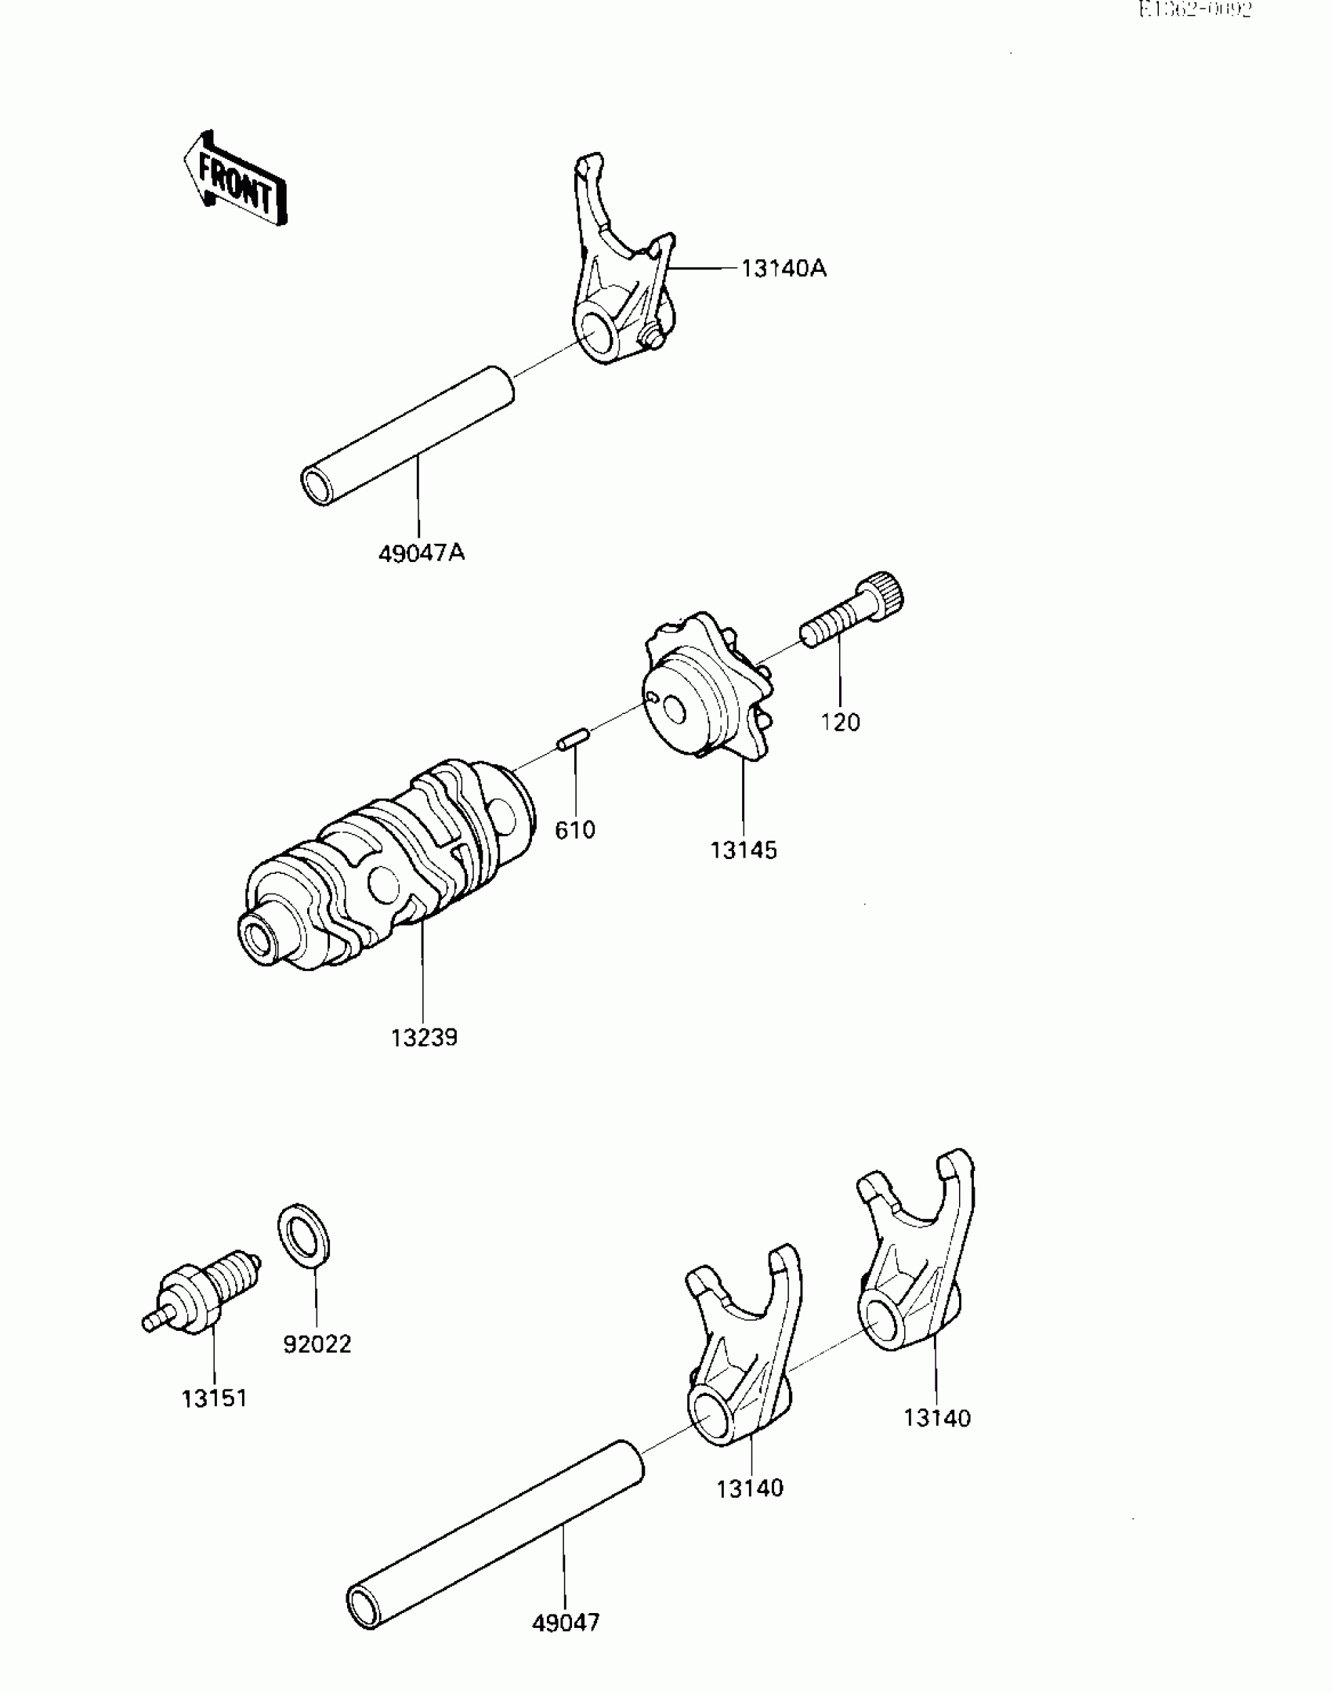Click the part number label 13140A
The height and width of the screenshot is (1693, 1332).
tap(784, 269)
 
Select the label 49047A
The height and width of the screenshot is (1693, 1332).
tap(422, 553)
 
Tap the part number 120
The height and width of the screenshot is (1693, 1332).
tap(840, 722)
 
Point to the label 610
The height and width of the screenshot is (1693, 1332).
tap(575, 830)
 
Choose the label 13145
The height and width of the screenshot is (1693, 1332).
tap(744, 850)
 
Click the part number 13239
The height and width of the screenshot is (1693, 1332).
tap(424, 1038)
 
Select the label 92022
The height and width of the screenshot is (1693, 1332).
tap(317, 1345)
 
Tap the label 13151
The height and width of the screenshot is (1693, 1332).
tap(215, 1398)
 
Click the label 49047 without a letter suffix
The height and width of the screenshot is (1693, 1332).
tap(566, 1622)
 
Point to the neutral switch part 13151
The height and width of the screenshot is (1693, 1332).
tap(204, 1293)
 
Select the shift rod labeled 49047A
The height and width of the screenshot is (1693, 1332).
tap(407, 435)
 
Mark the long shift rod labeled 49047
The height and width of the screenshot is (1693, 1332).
tap(494, 1536)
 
